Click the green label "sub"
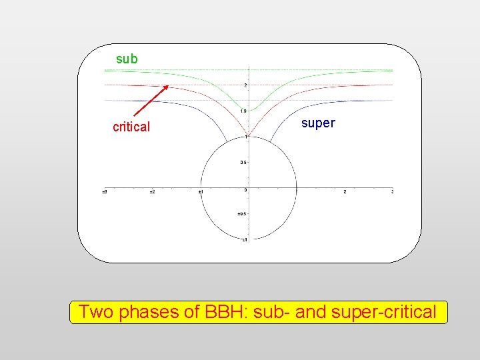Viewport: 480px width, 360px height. click(127, 59)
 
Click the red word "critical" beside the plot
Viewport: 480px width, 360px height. click(131, 127)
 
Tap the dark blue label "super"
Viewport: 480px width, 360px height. click(318, 123)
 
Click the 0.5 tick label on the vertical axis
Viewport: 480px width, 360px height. click(243, 163)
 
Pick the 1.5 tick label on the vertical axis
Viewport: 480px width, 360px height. click(243, 111)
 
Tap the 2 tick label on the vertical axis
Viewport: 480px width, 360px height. click(245, 85)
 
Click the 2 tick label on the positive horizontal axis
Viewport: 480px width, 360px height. click(344, 192)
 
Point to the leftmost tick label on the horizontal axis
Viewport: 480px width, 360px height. click(105, 192)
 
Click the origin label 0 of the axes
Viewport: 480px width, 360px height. click(245, 190)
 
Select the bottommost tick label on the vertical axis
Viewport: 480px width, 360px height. click(243, 239)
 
